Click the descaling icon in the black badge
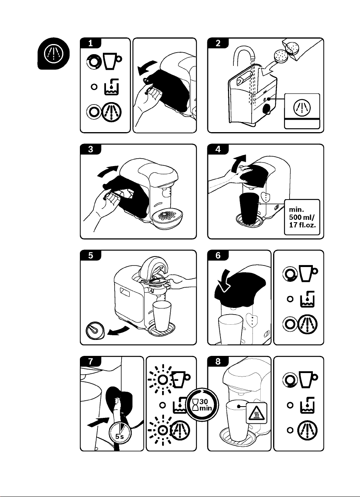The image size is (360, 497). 54,55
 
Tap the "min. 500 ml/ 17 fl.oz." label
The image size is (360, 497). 302,217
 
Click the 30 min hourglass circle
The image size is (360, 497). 201,407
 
